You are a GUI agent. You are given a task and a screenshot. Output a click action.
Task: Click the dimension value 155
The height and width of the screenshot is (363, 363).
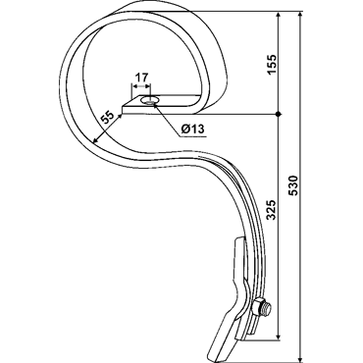[x=272, y=64]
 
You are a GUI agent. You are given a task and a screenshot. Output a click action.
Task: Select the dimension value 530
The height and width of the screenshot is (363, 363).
[x=294, y=185]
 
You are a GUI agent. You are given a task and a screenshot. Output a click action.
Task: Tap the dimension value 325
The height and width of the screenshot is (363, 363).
[x=272, y=210]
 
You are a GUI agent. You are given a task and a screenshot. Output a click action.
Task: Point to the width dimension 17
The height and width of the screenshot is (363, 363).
[x=141, y=78]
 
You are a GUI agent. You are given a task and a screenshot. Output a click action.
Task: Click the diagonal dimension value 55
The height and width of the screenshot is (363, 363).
[x=107, y=117]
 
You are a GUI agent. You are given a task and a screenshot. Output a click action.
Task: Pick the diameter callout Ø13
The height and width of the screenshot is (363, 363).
[x=193, y=130]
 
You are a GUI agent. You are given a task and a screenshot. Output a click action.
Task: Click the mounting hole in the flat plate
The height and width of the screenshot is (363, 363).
[x=149, y=100]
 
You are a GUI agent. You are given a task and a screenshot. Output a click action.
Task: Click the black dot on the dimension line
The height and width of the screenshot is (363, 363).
[x=278, y=114]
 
